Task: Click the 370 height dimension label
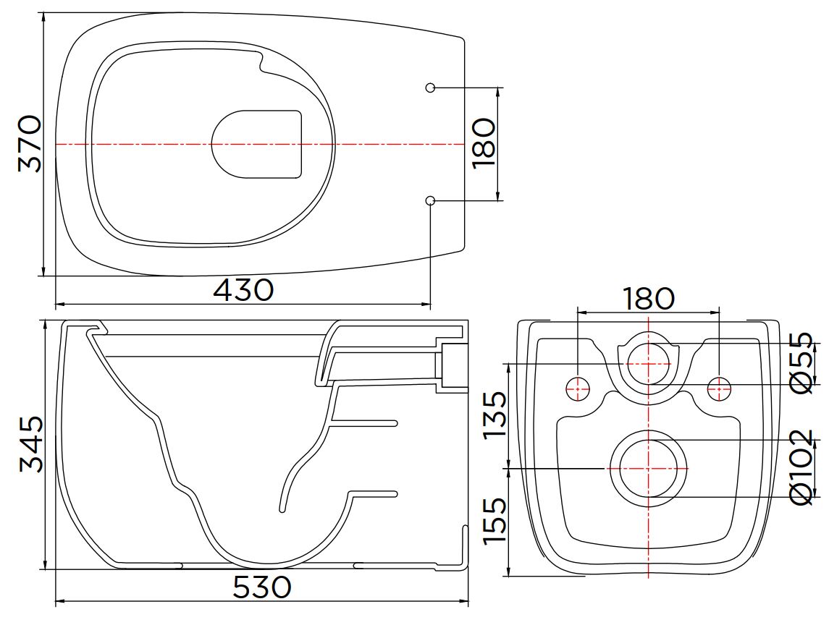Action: click(30, 144)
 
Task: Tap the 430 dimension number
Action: click(243, 290)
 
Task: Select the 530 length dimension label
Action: click(261, 587)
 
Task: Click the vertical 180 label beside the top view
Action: click(484, 144)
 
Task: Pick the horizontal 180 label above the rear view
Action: click(649, 299)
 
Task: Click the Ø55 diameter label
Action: click(800, 363)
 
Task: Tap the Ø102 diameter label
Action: click(800, 467)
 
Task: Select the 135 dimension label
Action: click(495, 414)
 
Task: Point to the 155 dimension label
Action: click(495, 520)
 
